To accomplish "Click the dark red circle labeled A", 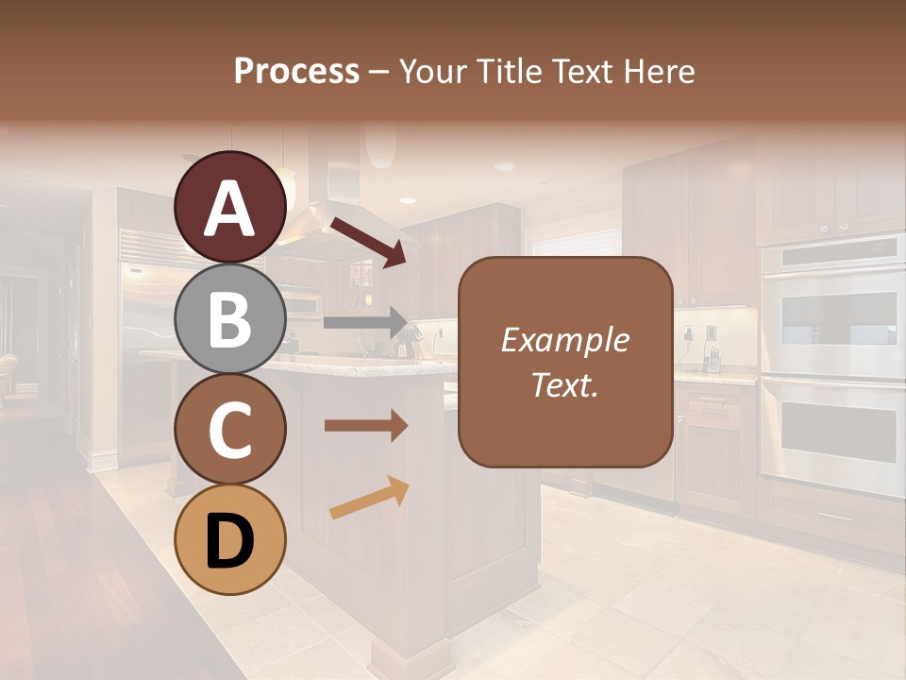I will click(x=229, y=208).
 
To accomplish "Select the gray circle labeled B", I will click(x=229, y=319).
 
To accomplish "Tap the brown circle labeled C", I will click(x=229, y=430).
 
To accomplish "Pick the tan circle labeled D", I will click(x=229, y=540).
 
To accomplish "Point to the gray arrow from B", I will click(x=364, y=322).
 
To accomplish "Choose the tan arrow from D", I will click(x=369, y=498).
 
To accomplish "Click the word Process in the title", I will click(x=296, y=72).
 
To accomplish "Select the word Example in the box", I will click(x=564, y=341).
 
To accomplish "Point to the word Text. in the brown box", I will click(x=564, y=385).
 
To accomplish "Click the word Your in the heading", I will click(x=435, y=72).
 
